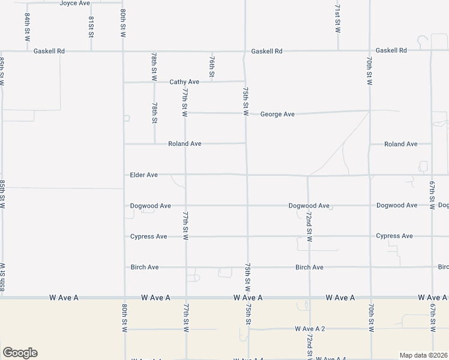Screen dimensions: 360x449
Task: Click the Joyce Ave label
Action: [x=74, y=3]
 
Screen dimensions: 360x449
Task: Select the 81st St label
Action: [x=91, y=27]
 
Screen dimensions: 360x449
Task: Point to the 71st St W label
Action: [x=337, y=19]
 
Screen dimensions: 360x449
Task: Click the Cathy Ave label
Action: [x=184, y=82]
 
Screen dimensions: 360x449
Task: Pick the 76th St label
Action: [x=212, y=67]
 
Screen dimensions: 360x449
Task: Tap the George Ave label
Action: [x=277, y=114]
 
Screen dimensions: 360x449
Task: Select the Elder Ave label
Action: [x=144, y=175]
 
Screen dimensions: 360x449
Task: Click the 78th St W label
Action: [x=154, y=67]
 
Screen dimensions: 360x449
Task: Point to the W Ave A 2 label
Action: [x=310, y=329]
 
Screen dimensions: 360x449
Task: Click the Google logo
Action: [x=19, y=353]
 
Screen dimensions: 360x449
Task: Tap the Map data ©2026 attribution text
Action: [x=423, y=355]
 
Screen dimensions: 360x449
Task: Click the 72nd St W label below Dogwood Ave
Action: [x=309, y=226]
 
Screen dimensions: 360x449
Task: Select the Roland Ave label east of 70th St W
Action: [x=401, y=144]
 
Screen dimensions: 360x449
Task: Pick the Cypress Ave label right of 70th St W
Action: [x=394, y=236]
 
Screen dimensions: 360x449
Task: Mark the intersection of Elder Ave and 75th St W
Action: [x=246, y=175]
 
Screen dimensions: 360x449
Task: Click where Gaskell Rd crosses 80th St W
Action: [x=123, y=51]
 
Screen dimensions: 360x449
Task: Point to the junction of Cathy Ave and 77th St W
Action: [x=184, y=82]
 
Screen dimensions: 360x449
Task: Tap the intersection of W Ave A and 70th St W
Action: [x=370, y=297]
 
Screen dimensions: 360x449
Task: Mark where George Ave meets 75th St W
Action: [x=246, y=113]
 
